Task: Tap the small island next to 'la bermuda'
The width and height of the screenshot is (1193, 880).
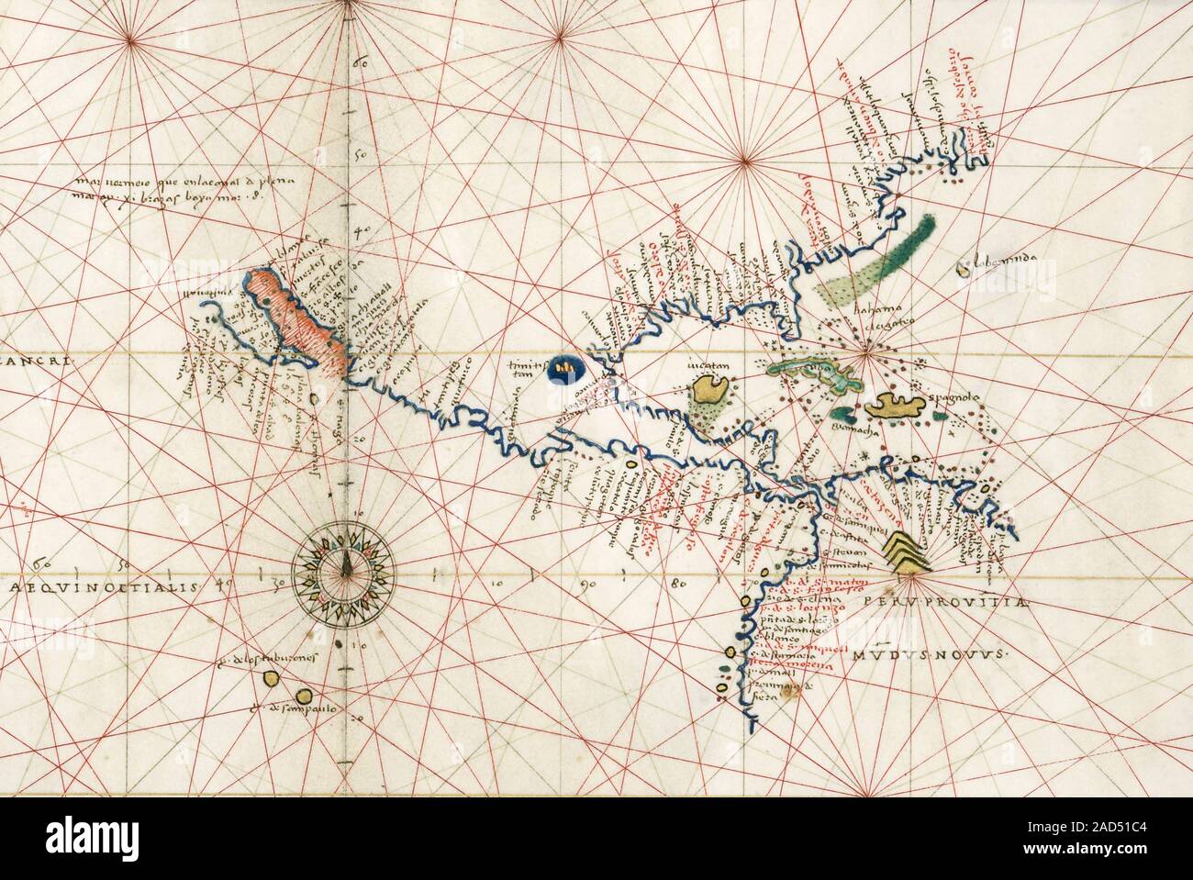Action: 963,269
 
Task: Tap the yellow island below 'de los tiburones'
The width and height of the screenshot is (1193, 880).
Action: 273,678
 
